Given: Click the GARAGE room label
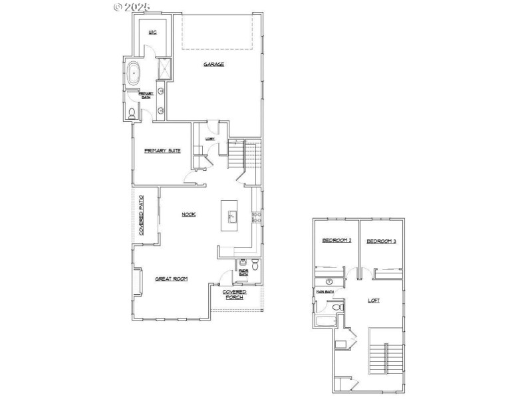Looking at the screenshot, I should tap(213, 65).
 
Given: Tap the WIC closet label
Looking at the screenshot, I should tap(152, 32).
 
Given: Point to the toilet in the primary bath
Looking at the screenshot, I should tap(131, 114).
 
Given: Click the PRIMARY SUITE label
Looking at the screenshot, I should tap(162, 151).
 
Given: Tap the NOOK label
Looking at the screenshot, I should tap(188, 214).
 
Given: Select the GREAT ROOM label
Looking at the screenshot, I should tap(171, 279).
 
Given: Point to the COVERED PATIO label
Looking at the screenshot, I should tap(142, 215).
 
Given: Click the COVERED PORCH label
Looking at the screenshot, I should tap(234, 294).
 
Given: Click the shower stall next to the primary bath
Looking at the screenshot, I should tap(163, 68).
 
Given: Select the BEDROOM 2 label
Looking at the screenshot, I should tap(336, 241).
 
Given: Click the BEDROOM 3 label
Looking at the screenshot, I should tap(381, 241).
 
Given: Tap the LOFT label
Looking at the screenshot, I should tap(374, 301).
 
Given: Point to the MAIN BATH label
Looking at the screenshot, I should tap(325, 291).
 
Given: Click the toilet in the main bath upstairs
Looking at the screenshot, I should tap(336, 307).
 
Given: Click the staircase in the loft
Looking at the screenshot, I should tap(385, 352).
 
